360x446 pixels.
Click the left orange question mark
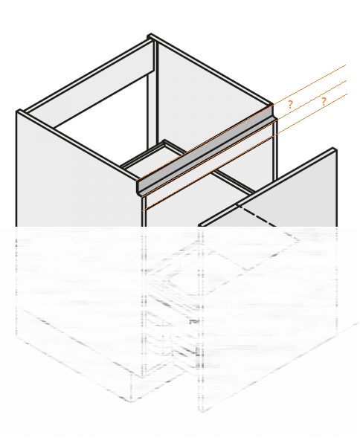click(290, 105)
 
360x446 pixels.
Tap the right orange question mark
click(324, 102)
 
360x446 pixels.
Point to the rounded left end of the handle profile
click(139, 188)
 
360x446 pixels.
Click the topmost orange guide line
click(241, 123)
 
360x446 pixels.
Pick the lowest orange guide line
click(245, 152)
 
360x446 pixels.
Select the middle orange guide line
click(244, 138)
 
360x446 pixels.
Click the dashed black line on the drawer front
click(256, 216)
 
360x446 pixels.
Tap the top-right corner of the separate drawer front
click(334, 148)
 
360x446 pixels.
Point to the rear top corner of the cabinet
click(150, 34)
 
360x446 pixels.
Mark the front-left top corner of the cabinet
click(18, 111)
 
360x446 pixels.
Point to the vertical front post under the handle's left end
click(144, 212)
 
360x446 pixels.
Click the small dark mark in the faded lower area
click(193, 322)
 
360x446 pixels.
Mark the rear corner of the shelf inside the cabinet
click(164, 141)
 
